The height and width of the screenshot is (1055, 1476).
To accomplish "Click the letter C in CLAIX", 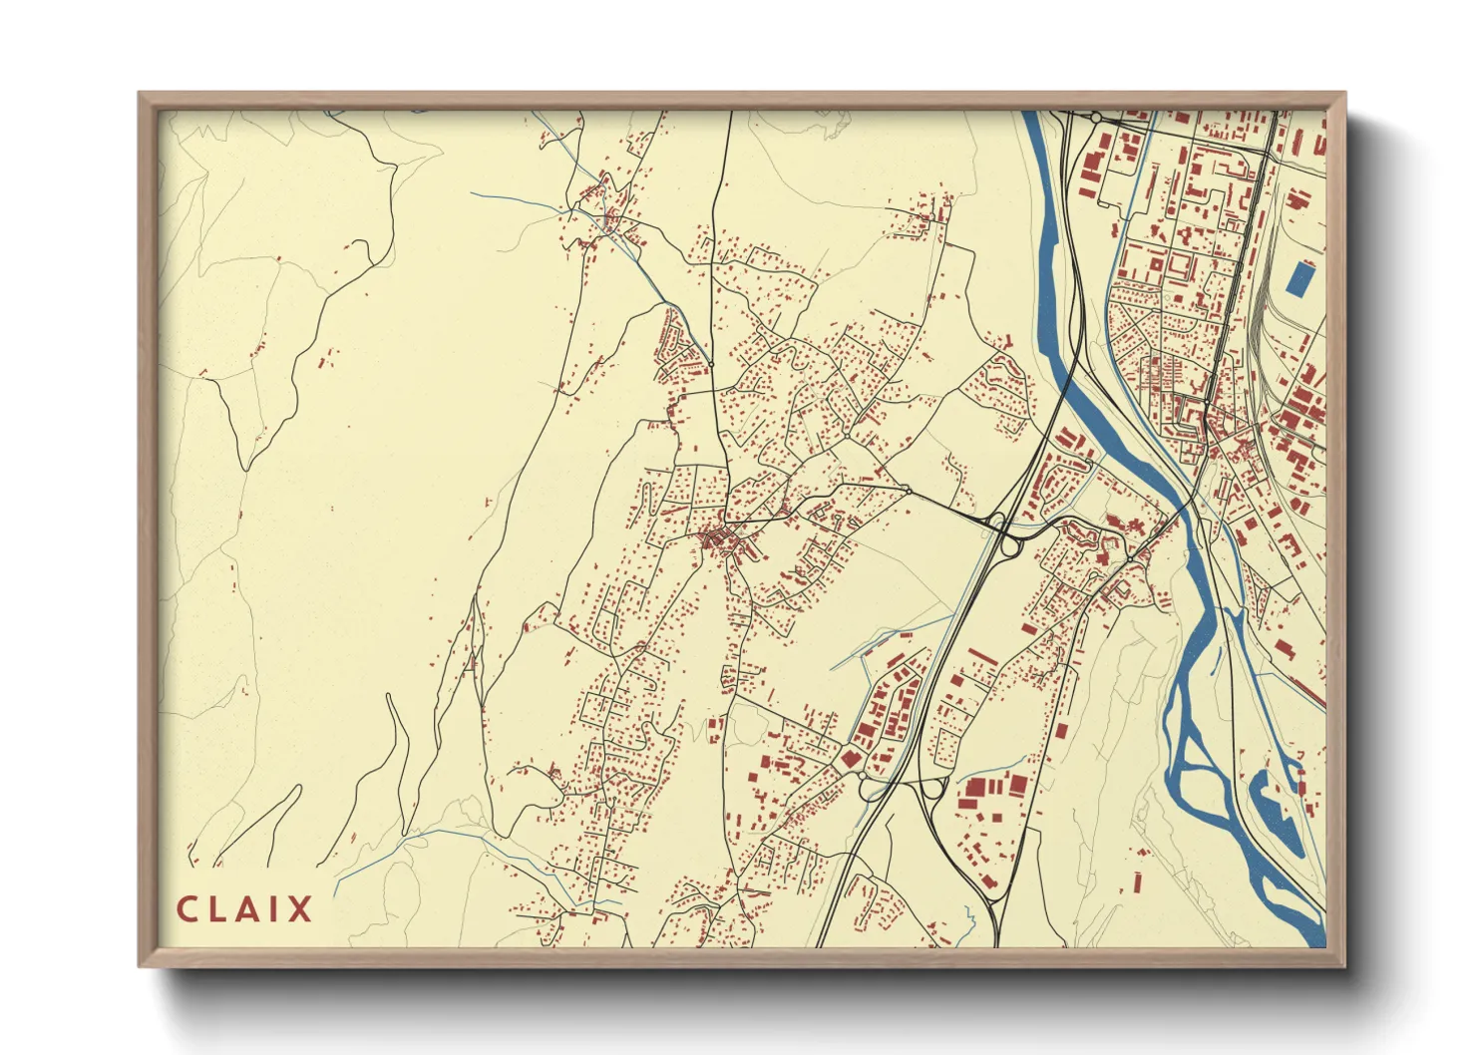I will click(x=186, y=909).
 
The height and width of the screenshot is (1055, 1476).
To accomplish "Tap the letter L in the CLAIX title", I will click(x=216, y=909).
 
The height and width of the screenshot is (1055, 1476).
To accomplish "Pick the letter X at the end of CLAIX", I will click(x=299, y=909).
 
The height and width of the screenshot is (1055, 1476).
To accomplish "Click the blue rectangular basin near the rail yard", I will click(x=1299, y=277).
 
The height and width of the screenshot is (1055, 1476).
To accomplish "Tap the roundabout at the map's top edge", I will click(x=1095, y=118).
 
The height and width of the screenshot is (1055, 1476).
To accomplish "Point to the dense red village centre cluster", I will click(x=724, y=541).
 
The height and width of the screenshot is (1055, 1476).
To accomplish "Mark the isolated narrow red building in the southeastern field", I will click(x=1137, y=881).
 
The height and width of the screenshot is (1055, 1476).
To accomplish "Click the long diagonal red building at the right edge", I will click(x=1305, y=688).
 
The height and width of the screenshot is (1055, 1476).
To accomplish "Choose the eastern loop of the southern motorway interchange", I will click(x=935, y=789).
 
